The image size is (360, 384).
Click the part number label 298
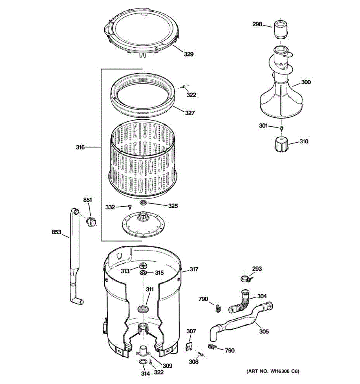(x=257, y=24)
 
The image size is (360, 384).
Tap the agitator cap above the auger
(x=280, y=30)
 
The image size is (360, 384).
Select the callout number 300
(x=306, y=82)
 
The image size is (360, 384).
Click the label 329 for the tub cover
(x=188, y=54)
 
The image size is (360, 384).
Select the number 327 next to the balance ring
(x=189, y=113)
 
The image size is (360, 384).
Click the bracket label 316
(x=80, y=147)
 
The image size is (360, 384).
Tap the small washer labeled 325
(x=143, y=203)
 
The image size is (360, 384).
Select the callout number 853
(x=56, y=232)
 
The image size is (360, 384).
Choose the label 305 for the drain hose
(x=264, y=332)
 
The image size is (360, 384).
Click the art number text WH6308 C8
(x=273, y=371)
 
